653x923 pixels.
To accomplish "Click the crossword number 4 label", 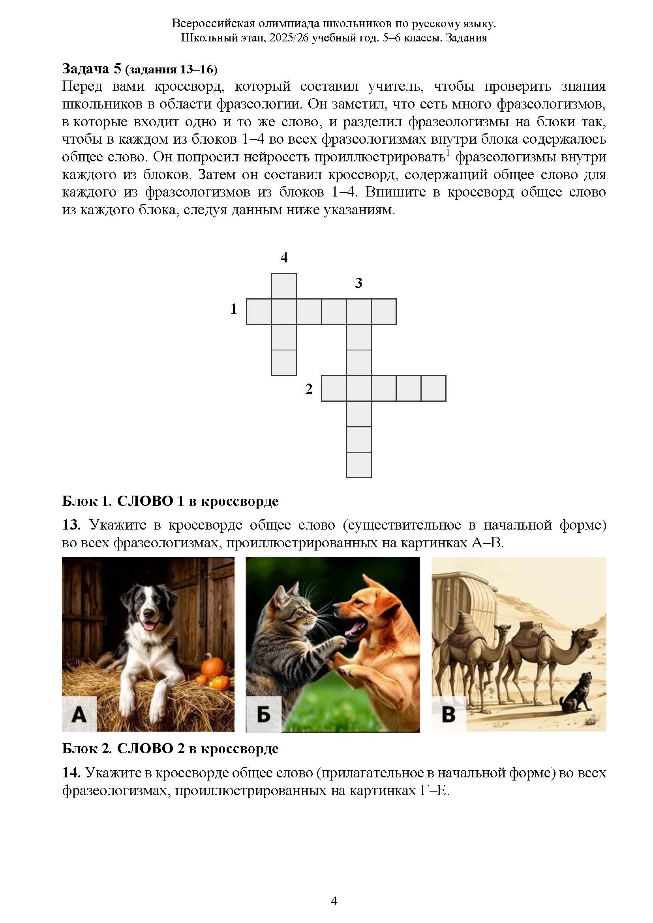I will pos(284,258).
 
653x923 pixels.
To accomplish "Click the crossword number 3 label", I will pos(358,283).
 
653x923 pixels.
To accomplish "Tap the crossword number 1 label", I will pos(234,309).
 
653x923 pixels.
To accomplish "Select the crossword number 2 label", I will pos(309,389).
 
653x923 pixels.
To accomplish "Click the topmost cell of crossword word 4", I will pos(284,286).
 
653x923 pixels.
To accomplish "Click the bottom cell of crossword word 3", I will pos(358,465).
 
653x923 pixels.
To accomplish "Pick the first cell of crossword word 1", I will pos(259,312).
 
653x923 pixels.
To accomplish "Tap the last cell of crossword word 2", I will pos(433,388).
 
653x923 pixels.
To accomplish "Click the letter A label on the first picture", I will pos(79,715).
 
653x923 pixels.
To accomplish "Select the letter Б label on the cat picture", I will pos(263,715).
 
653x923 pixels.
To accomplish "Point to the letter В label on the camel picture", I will pos(448,715).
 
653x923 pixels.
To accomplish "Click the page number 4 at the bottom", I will pos(334,901).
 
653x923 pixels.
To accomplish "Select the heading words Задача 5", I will pos(91,69).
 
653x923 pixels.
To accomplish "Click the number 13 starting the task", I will pos(71,524).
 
